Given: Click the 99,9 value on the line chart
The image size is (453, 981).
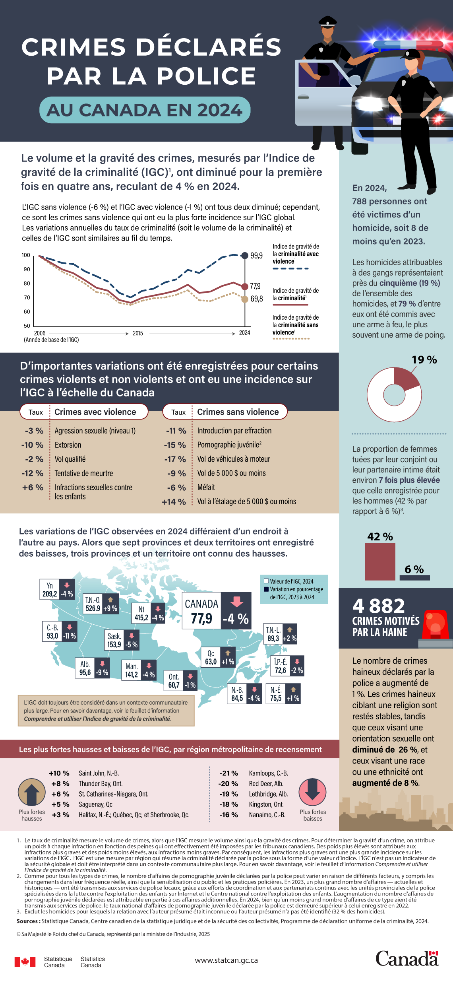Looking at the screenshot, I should [256, 256].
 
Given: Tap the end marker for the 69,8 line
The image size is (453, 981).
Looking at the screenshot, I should [245, 299].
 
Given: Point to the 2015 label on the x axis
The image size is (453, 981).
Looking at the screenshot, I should [138, 333].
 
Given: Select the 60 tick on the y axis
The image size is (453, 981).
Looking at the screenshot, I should [27, 312].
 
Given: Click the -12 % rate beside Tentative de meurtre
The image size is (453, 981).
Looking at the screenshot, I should [33, 473].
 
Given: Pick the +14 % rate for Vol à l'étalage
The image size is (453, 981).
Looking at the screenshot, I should [174, 502].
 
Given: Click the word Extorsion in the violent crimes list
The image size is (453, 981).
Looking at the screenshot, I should [68, 445].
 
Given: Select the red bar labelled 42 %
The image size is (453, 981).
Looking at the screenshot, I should [380, 561].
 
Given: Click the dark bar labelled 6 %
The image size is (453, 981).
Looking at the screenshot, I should [414, 577].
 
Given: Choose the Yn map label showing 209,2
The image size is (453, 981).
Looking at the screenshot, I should [50, 590].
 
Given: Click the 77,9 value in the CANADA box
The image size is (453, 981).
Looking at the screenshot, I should [201, 619].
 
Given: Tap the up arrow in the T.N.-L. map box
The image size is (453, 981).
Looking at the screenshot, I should [290, 629].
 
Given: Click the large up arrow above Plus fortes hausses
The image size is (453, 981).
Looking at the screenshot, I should [32, 792].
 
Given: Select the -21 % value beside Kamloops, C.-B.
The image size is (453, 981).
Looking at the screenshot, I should [229, 773].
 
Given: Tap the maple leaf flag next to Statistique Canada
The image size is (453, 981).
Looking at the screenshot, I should [25, 962].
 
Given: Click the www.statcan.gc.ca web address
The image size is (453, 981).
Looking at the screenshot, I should [226, 960].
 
